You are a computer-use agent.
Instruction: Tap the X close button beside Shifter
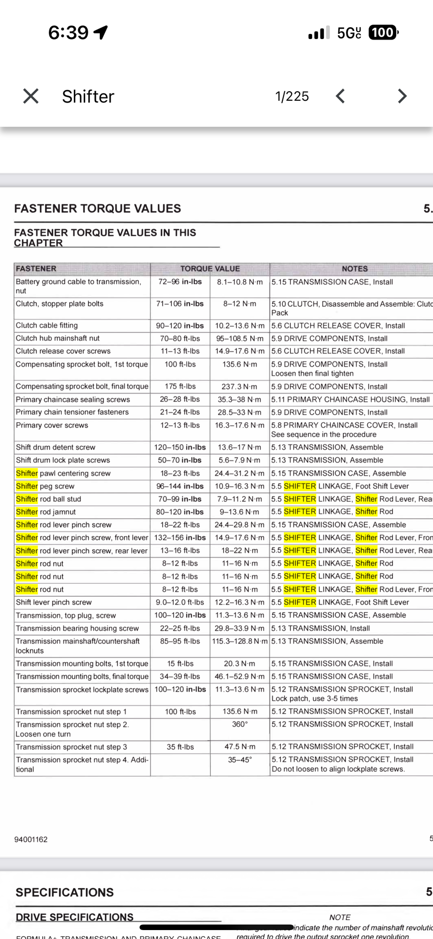(31, 96)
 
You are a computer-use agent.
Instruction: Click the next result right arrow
(401, 96)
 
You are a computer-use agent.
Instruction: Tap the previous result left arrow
(340, 96)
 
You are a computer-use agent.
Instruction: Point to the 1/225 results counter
(292, 96)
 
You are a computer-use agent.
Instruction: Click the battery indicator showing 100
(383, 32)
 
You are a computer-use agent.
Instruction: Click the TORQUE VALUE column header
(210, 269)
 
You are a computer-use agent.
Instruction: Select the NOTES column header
(354, 269)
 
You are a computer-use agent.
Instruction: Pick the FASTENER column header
(36, 269)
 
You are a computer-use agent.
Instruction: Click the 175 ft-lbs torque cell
(180, 386)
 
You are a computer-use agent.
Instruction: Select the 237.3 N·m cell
(240, 386)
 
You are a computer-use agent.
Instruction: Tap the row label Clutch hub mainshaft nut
(57, 338)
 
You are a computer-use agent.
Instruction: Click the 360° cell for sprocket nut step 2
(240, 724)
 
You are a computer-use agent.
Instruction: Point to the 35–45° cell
(240, 760)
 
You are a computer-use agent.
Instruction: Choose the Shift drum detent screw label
(56, 447)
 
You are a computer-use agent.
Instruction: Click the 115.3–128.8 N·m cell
(240, 642)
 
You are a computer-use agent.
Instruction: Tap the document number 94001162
(31, 839)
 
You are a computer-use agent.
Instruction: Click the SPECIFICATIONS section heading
(64, 892)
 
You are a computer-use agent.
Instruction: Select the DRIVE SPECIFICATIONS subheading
(74, 917)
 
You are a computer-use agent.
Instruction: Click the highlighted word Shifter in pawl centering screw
(27, 473)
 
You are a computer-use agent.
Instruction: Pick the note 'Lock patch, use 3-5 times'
(314, 698)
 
